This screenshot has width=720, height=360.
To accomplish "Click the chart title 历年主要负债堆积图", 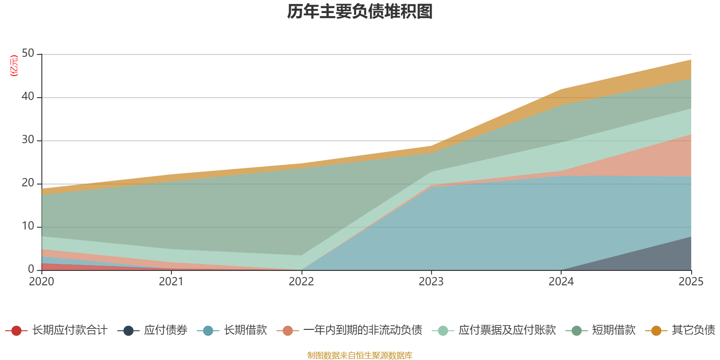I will point(360,12).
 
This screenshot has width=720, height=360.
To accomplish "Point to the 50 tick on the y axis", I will point(28,54).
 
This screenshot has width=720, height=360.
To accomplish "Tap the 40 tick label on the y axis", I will point(28,97).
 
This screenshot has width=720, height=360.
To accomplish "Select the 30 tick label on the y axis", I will point(28,140).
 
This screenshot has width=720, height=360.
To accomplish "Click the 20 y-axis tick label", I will point(28,183).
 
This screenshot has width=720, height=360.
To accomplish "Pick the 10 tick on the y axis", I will point(28,226).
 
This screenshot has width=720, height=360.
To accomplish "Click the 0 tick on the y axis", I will point(31,269).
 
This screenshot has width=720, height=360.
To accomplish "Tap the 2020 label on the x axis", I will point(41,282).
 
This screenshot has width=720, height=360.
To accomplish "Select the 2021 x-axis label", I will point(171,282).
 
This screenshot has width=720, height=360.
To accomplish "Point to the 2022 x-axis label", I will point(301,282).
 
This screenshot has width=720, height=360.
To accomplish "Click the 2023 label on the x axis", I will point(431,282).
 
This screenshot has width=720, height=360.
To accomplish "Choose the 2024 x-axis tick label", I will point(561,282).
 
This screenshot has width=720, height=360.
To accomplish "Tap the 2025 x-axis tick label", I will point(691,282).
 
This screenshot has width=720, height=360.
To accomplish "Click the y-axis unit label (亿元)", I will point(14,66).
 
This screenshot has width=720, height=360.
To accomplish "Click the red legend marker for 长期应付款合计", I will point(17,331).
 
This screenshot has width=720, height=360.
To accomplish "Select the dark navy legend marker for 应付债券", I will point(129,331).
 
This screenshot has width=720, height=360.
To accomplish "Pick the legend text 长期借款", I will point(245,330).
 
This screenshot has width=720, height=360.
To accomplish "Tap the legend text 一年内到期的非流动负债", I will point(363,330).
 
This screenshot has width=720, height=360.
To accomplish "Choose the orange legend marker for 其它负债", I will point(656,331).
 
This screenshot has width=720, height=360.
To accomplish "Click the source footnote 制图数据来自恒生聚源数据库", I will point(360,355).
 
